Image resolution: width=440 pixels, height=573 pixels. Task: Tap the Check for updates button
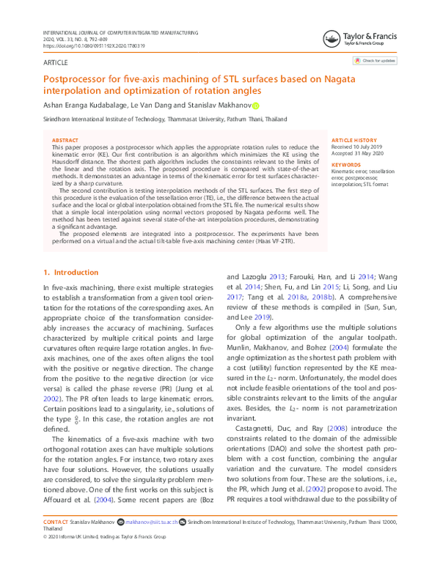[375, 60]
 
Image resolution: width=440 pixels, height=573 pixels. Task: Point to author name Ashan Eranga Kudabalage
[86, 106]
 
